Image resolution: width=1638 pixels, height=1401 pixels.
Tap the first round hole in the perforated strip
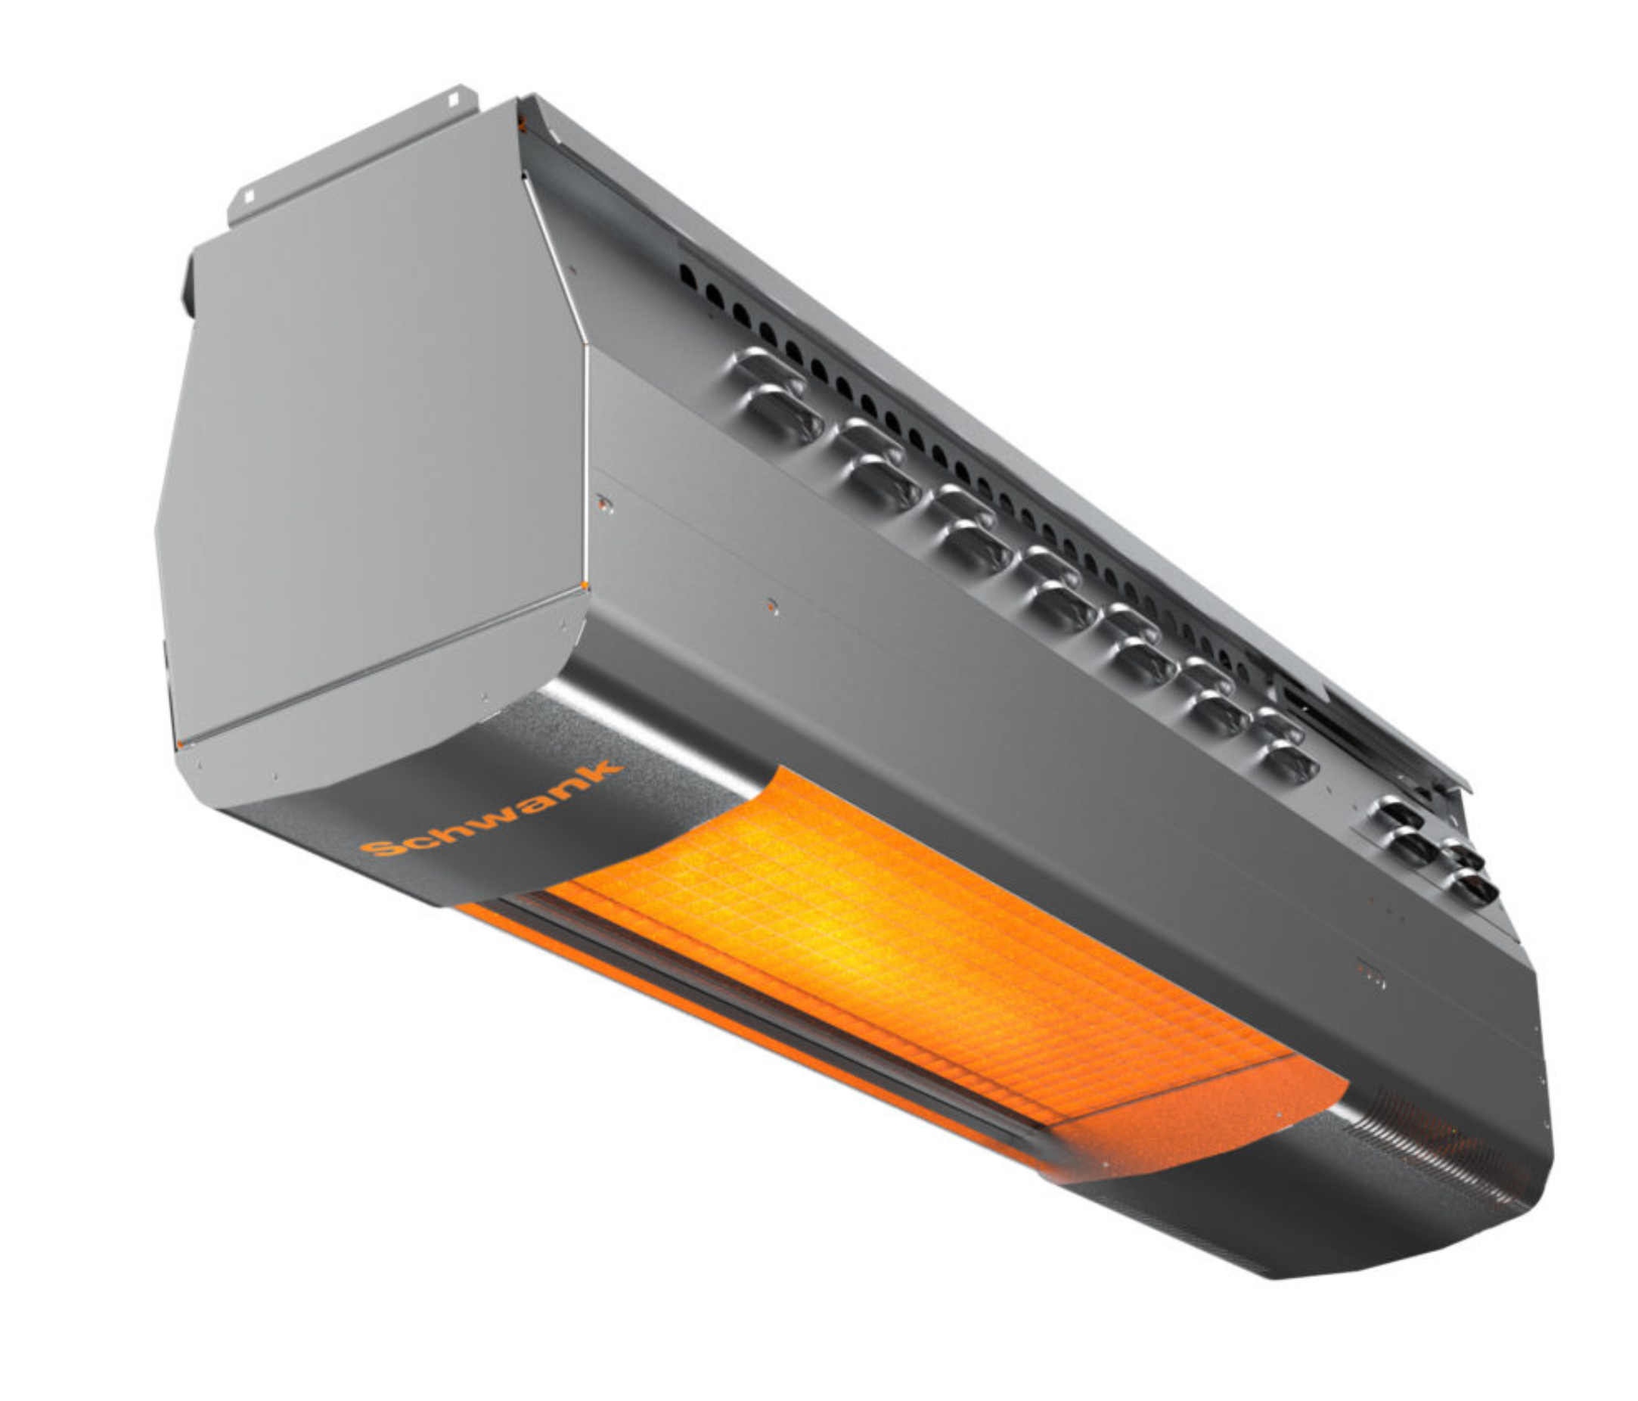pos(690,275)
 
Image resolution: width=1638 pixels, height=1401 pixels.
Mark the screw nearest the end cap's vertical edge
pos(605,503)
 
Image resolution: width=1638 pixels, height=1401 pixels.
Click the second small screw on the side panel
pos(772,607)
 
